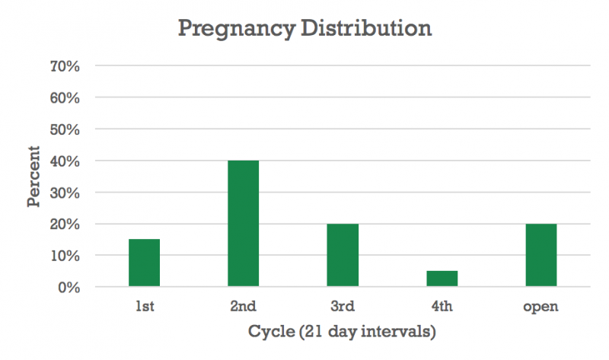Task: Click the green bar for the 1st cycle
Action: click(144, 263)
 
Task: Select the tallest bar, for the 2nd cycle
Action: click(243, 224)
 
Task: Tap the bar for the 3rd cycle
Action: click(343, 256)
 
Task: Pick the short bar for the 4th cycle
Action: click(442, 279)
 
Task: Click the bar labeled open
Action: click(541, 256)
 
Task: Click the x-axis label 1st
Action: click(144, 307)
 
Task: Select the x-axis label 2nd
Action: click(243, 307)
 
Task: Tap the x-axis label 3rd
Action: click(343, 307)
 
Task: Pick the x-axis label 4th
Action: click(442, 307)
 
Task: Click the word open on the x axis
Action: click(541, 307)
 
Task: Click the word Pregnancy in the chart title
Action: click(234, 30)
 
